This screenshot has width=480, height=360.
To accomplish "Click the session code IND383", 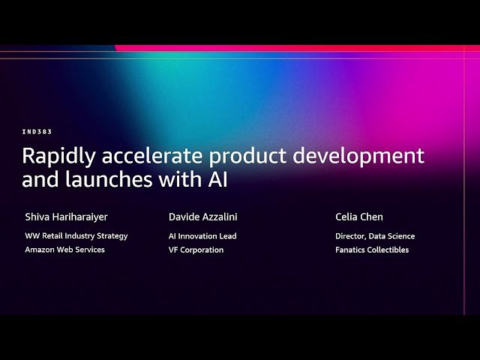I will tap(37, 132).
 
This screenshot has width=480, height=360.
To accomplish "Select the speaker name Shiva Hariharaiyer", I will tap(66, 217).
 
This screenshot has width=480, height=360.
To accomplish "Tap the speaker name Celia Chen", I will tap(359, 217).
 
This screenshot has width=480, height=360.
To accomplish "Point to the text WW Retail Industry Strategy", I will tap(76, 235).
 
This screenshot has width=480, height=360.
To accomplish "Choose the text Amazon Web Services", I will tap(64, 250).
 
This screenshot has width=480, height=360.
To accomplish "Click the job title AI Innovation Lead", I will tap(202, 235).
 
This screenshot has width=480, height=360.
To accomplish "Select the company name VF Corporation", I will tap(196, 250).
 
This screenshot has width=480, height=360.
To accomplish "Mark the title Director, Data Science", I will tap(375, 235).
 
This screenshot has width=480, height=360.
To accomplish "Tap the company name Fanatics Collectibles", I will tap(372, 250).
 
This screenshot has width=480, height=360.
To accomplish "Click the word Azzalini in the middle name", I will tap(220, 217).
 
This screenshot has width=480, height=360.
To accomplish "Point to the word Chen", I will tap(372, 217).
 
